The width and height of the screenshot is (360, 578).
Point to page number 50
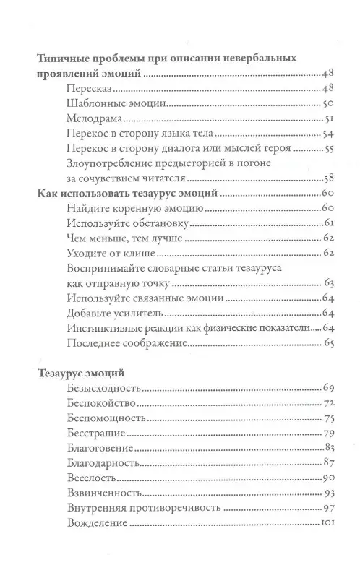[x=326, y=104]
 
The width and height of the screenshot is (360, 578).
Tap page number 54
[x=326, y=134]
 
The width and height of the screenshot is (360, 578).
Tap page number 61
[x=327, y=223]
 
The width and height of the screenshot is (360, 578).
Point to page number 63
[x=327, y=283]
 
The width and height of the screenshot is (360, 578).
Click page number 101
[x=325, y=523]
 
